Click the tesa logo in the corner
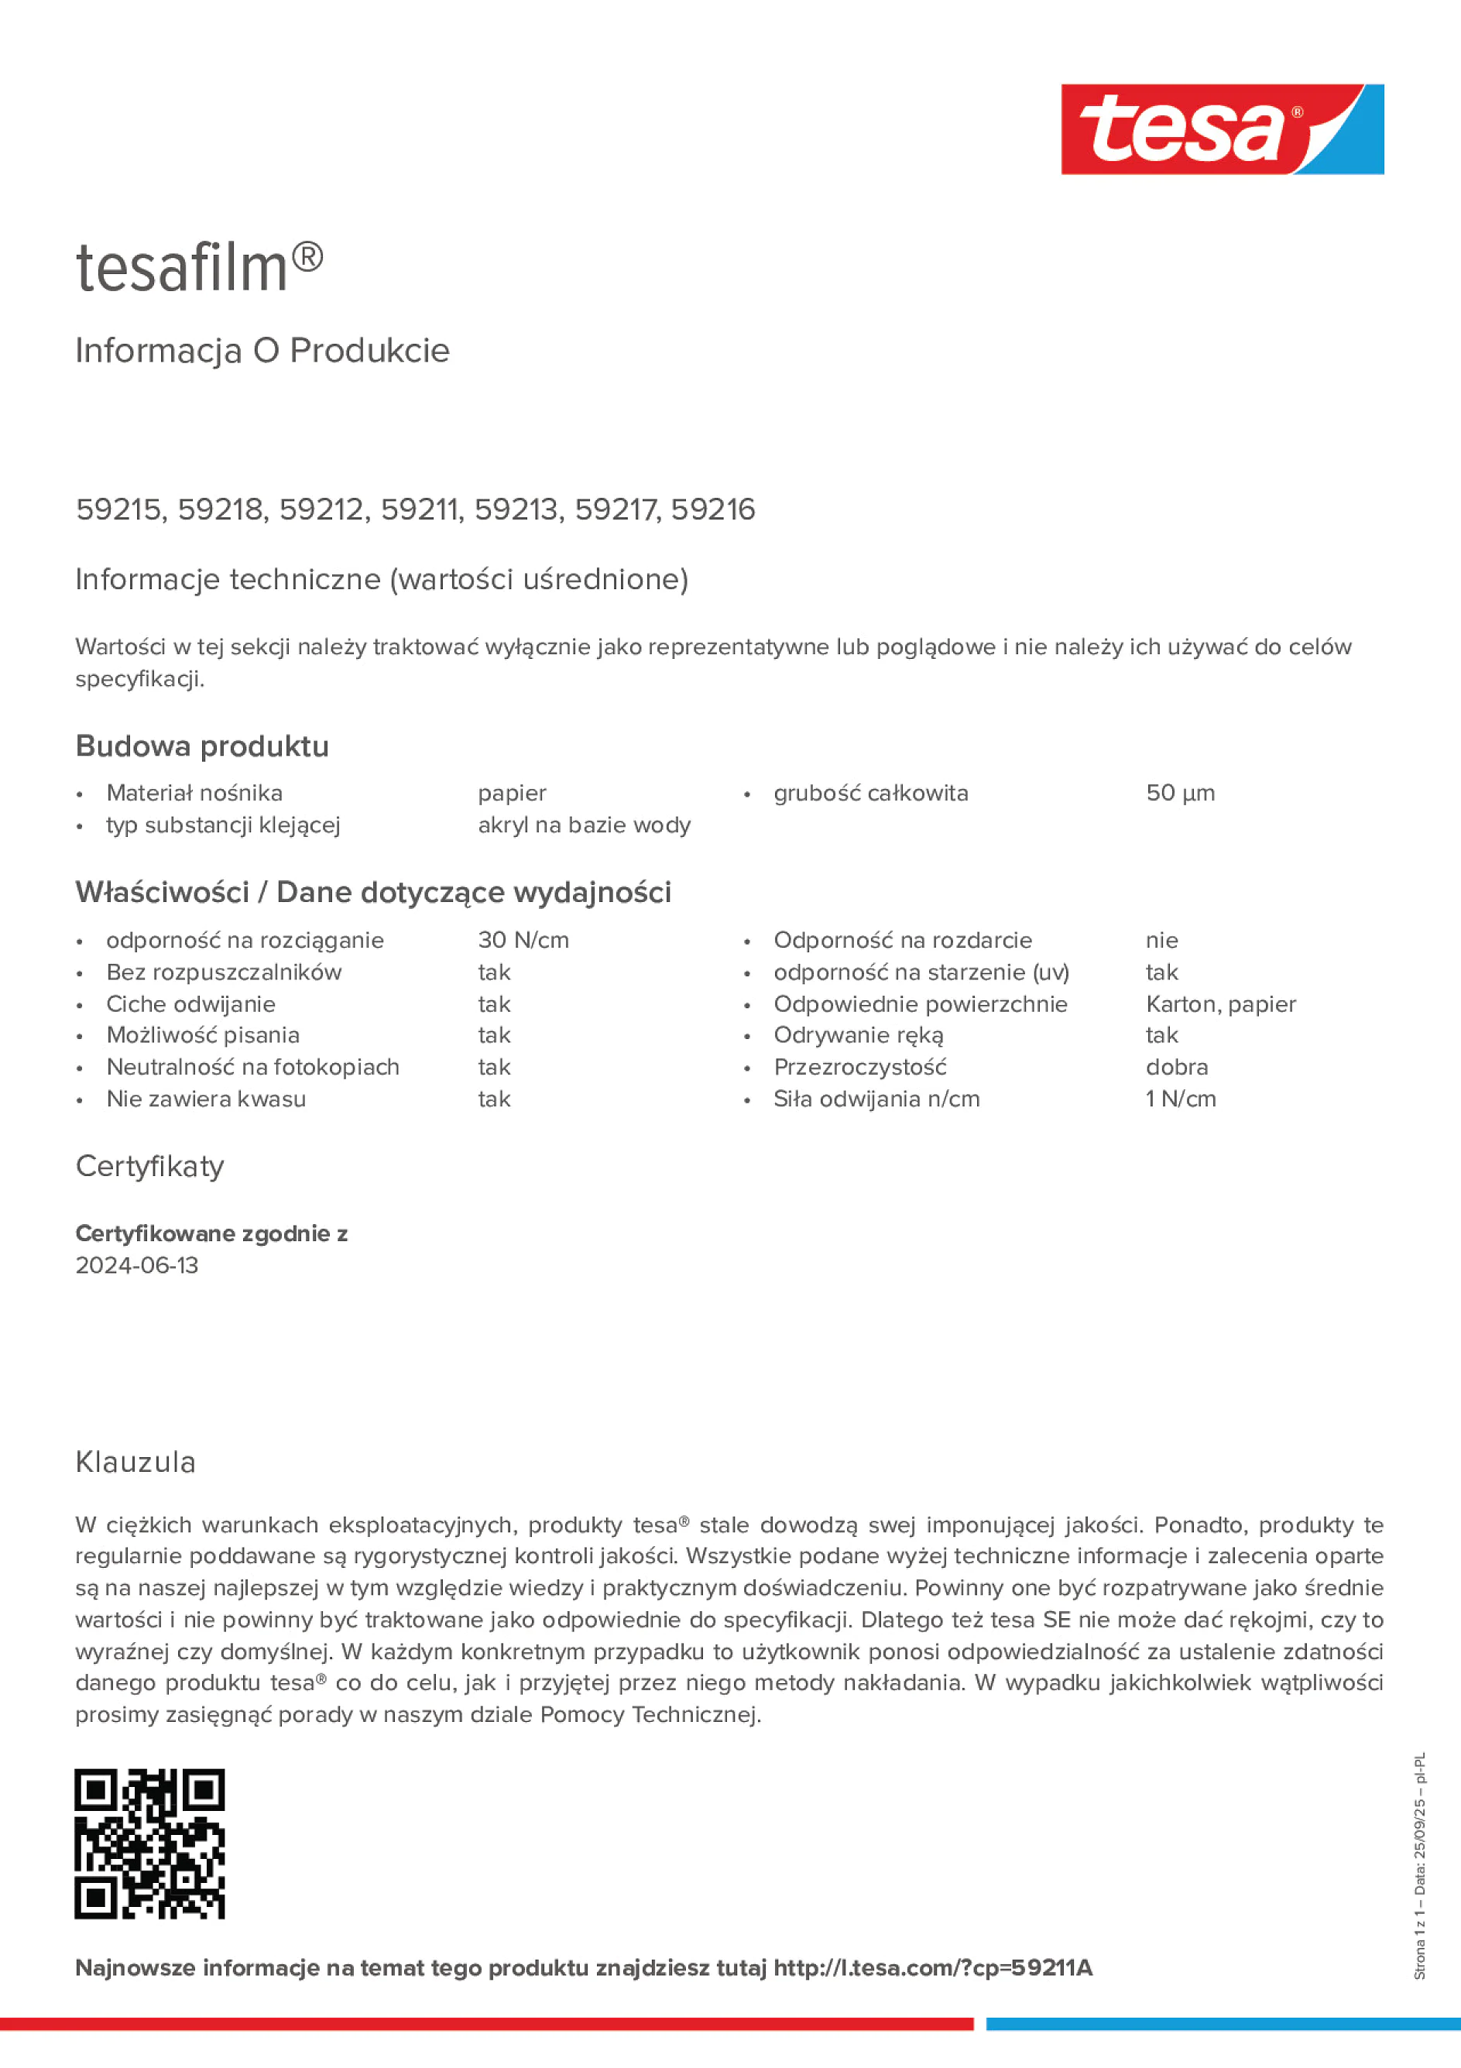pyautogui.click(x=1222, y=130)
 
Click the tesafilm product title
pyautogui.click(x=199, y=268)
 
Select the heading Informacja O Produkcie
pyautogui.click(x=262, y=351)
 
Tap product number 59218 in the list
pyautogui.click(x=220, y=509)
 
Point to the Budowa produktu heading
pyautogui.click(x=202, y=746)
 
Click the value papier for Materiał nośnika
pyautogui.click(x=512, y=794)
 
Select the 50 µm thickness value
pyautogui.click(x=1180, y=794)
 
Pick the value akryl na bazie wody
pyautogui.click(x=584, y=825)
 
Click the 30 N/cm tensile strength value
pyautogui.click(x=523, y=941)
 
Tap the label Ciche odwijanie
pyautogui.click(x=191, y=1004)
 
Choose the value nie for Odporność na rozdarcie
pyautogui.click(x=1161, y=941)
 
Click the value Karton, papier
pyautogui.click(x=1220, y=1004)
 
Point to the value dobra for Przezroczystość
pyautogui.click(x=1176, y=1068)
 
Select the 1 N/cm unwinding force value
pyautogui.click(x=1180, y=1099)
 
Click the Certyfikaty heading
pyautogui.click(x=149, y=1167)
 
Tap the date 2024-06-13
pyautogui.click(x=137, y=1265)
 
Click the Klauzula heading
pyautogui.click(x=135, y=1462)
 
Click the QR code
pyautogui.click(x=149, y=1843)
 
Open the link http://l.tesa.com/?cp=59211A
pyautogui.click(x=932, y=1968)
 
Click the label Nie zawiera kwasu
pyautogui.click(x=206, y=1099)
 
